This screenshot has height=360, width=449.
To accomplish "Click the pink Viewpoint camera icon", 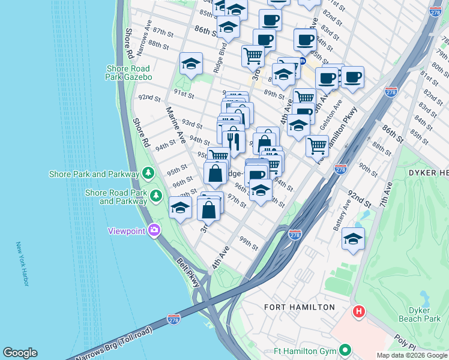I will click(154, 230).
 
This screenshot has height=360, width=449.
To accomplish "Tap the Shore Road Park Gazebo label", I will click(129, 73).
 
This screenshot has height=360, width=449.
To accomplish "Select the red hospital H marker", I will click(359, 311).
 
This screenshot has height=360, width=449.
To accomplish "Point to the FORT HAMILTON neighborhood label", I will click(300, 307).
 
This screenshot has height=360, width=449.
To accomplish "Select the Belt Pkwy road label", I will click(187, 273).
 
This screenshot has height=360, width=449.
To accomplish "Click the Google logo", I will click(20, 353).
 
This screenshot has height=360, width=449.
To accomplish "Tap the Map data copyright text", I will click(412, 355).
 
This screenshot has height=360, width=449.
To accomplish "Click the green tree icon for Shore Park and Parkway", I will click(148, 174).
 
